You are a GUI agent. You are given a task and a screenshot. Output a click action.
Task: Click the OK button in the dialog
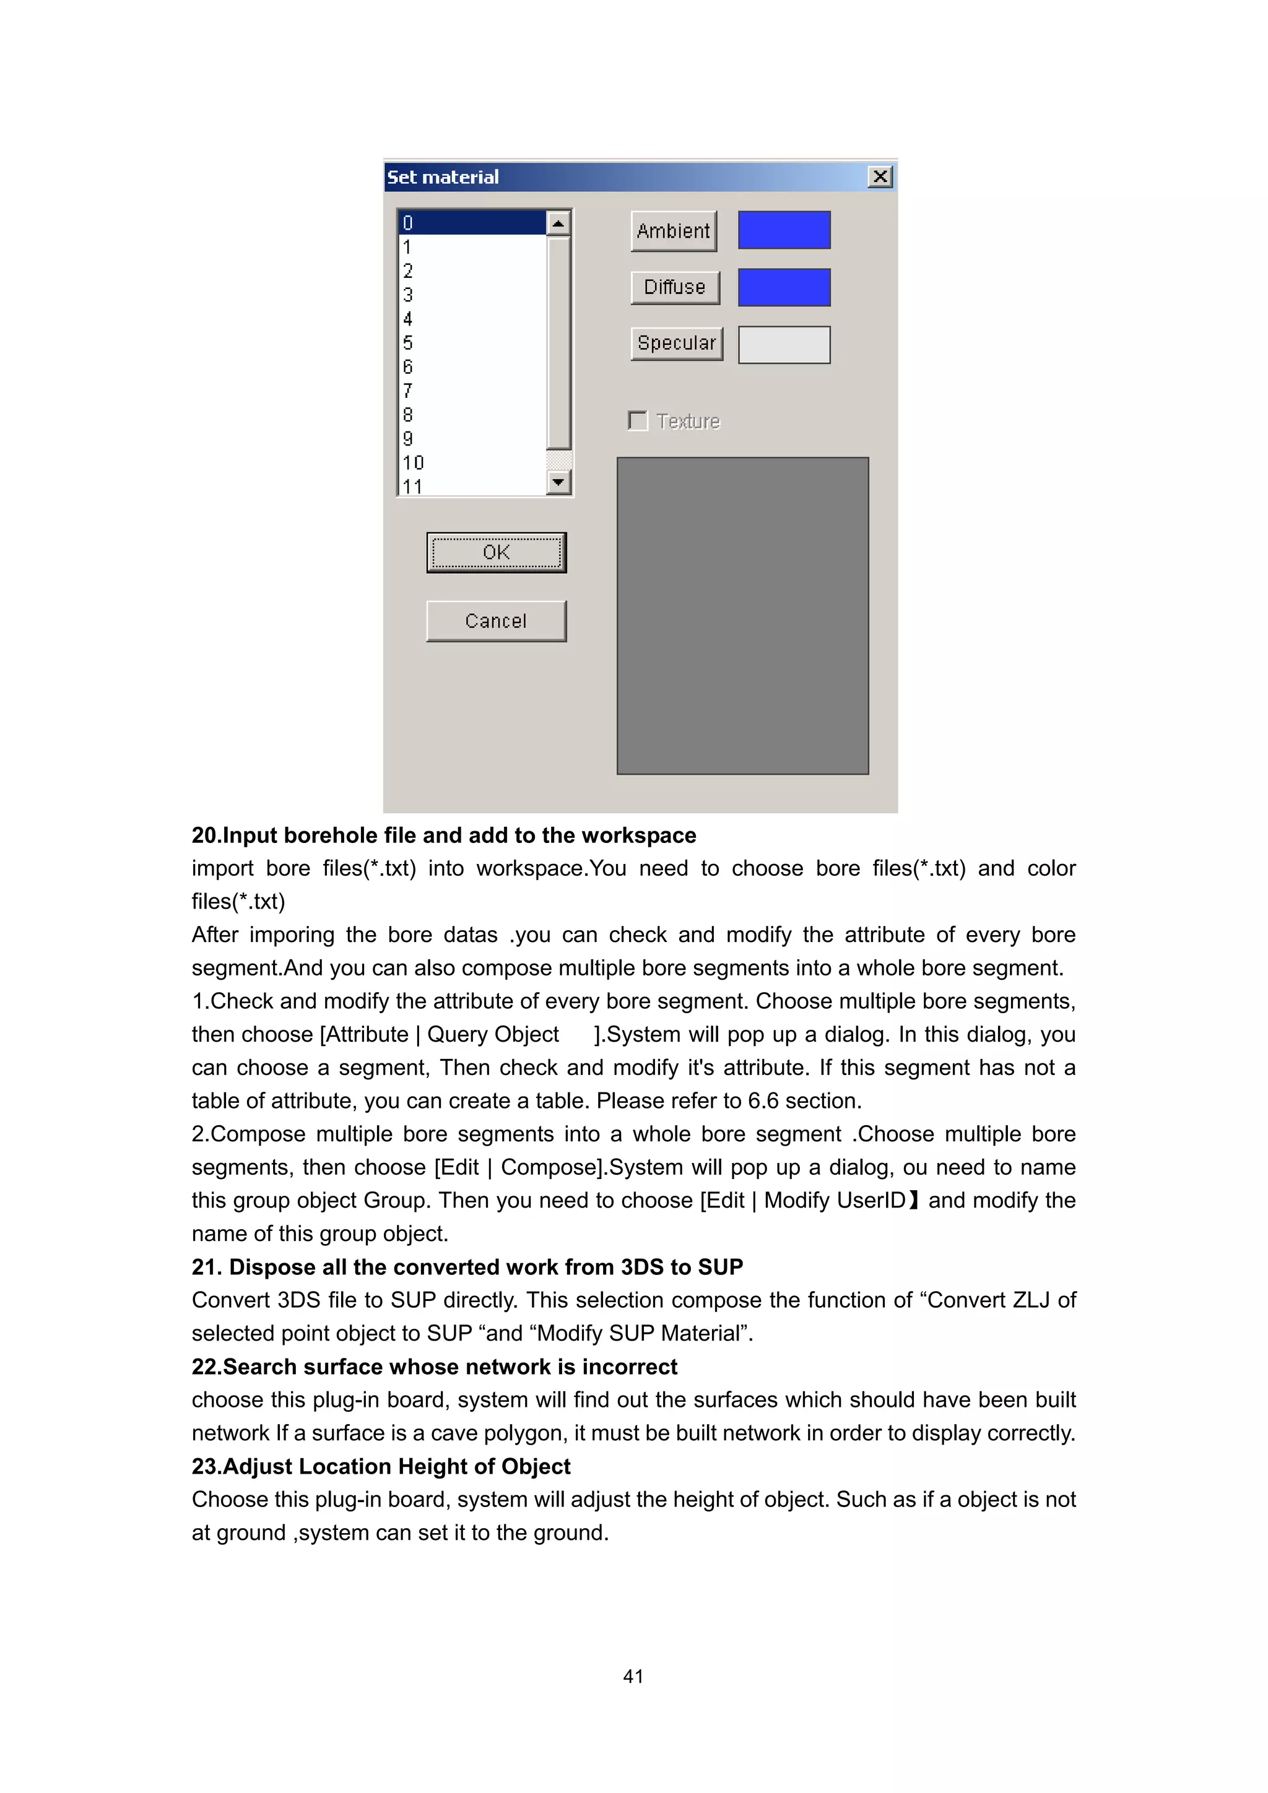[496, 552]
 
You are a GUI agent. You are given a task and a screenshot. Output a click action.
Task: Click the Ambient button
[674, 231]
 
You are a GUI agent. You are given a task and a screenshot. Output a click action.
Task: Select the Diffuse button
[674, 287]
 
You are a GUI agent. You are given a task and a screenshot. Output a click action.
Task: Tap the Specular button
[677, 343]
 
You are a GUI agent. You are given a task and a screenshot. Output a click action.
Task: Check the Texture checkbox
[638, 421]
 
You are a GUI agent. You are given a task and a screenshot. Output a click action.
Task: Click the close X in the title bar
[880, 176]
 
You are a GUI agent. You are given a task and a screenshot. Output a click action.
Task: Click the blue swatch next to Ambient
[784, 230]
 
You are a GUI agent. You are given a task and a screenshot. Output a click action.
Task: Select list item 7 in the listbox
[408, 391]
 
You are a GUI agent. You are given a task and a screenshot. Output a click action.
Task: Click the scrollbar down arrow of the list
[558, 482]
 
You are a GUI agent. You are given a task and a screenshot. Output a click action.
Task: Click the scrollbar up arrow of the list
[558, 224]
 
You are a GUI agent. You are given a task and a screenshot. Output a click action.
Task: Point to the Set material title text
[443, 177]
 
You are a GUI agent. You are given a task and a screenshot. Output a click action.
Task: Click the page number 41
[633, 1676]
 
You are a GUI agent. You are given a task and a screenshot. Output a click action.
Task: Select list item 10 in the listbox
[412, 462]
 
